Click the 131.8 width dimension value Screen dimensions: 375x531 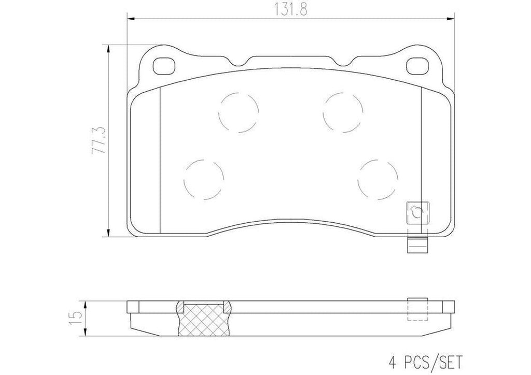coord(289,9)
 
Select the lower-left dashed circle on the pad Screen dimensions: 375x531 coord(203,177)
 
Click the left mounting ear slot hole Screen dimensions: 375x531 coord(165,65)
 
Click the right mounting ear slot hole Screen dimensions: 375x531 coord(416,65)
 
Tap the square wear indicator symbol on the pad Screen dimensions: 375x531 coord(417,212)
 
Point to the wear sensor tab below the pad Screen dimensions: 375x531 coord(417,246)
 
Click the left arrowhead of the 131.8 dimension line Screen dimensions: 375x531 coord(131,19)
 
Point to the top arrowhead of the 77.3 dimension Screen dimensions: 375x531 coord(108,48)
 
